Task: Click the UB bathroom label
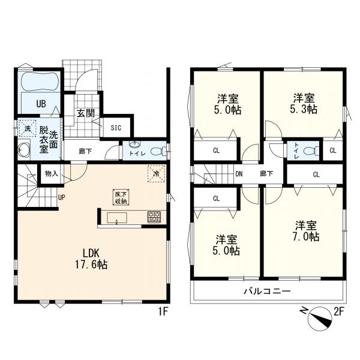coord(41,104)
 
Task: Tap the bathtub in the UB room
coord(40,81)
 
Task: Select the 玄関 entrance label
coord(86,113)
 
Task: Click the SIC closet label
coord(116,128)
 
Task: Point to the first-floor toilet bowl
coord(158,151)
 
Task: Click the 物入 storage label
coord(51,173)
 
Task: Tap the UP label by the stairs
coord(61,197)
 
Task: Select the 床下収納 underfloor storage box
coord(121,197)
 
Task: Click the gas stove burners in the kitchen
coord(154,217)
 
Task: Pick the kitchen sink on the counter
coord(116,218)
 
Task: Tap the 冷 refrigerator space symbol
coord(157,173)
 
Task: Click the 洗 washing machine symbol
coord(28,128)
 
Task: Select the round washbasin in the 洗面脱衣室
coord(24,150)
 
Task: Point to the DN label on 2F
coord(239,174)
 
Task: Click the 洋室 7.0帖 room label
coord(306,231)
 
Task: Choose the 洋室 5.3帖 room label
coord(304,104)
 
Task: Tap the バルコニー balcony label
coord(267,292)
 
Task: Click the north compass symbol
coord(319,319)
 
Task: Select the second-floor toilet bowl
coord(311,151)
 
